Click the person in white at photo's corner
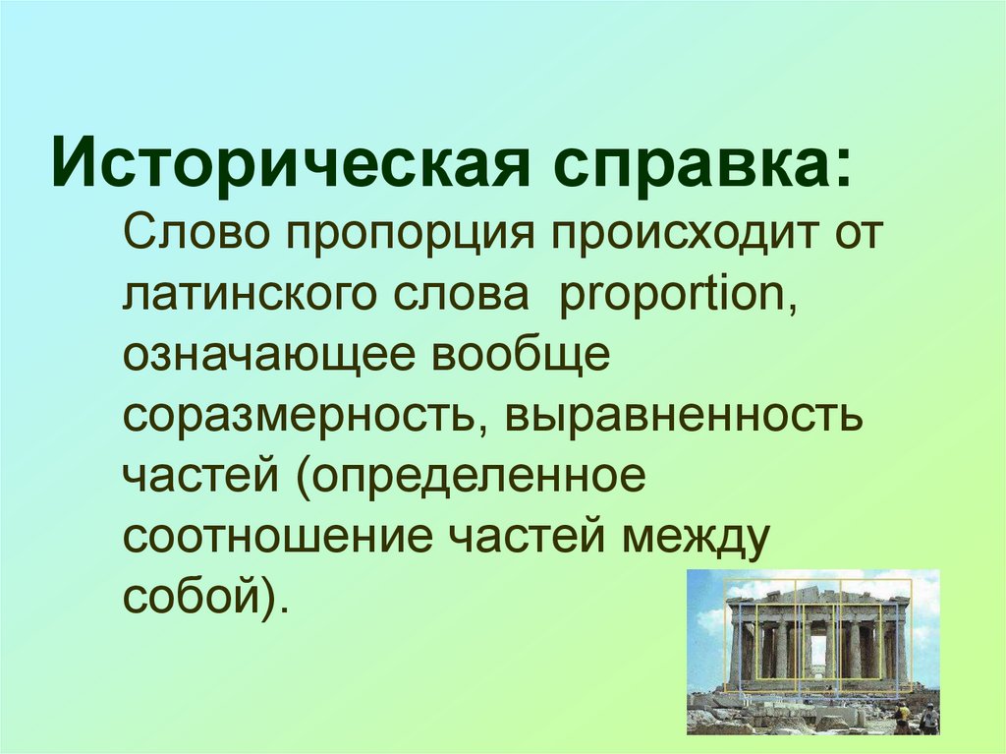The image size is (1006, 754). pyautogui.click(x=927, y=719)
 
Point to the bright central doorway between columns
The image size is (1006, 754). pyautogui.click(x=818, y=652)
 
